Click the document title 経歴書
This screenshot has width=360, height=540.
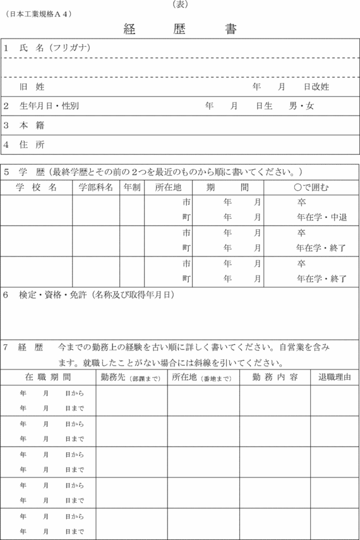pos(180,29)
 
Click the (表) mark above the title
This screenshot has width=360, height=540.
pos(180,4)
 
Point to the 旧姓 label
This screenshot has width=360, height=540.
pos(32,87)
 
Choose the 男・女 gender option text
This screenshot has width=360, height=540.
pos(301,106)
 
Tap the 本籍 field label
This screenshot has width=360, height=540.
pos(32,126)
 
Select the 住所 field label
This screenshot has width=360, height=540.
pos(32,145)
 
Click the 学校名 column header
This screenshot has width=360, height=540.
pos(36,188)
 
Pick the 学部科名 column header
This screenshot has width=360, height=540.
pos(96,188)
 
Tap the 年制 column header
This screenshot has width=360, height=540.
pos(132,188)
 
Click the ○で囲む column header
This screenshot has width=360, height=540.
pos(312,188)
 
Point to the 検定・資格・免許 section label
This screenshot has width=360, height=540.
pos(53,294)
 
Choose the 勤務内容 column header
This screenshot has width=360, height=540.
pos(275,377)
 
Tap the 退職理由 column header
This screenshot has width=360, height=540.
pos(335,377)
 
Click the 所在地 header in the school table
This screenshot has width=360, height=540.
pos(168,188)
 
